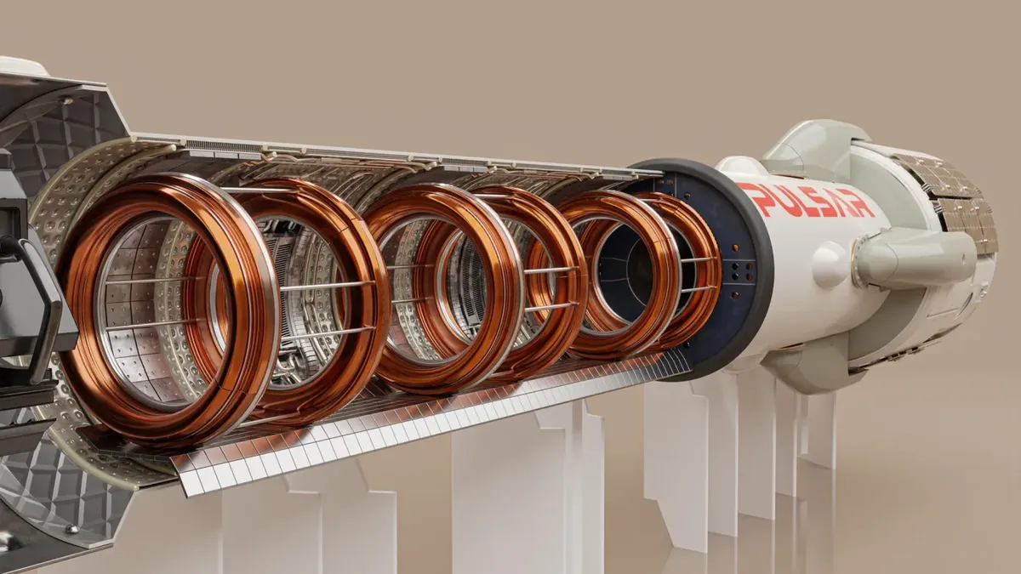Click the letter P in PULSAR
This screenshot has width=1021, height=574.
(752, 197)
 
